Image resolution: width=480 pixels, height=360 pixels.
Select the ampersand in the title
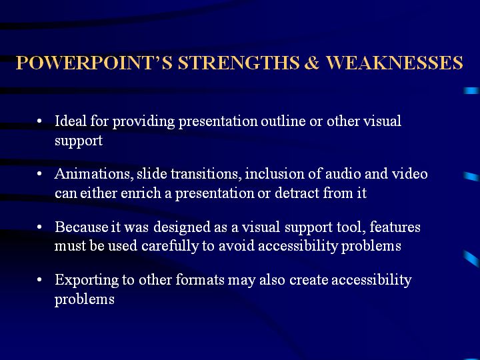[312, 63]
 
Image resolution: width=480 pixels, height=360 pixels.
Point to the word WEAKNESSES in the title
[394, 63]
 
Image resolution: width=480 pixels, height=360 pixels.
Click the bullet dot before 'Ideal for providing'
[39, 121]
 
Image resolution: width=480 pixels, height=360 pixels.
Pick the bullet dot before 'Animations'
[39, 174]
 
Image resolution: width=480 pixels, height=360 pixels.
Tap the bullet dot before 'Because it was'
[39, 227]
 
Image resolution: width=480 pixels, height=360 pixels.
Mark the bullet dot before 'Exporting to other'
[39, 280]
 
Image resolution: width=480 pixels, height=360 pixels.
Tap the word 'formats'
[200, 280]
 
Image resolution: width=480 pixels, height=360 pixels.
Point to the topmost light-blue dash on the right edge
[471, 91]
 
